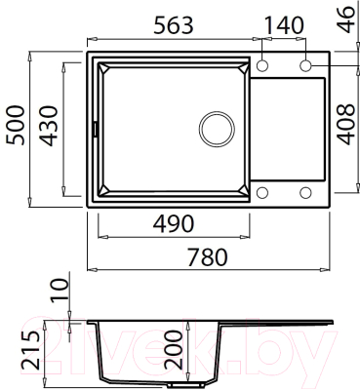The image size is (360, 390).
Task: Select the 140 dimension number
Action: pos(284,23)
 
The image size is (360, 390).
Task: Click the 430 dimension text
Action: pos(51,125)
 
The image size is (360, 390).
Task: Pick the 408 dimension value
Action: pos(344,125)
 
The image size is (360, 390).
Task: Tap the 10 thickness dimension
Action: pos(61,290)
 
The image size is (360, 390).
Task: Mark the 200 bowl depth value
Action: pos(174,346)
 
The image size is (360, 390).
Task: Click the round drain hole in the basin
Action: pos(216,128)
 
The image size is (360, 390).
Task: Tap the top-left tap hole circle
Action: pos(262,64)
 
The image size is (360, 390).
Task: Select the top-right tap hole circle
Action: pos(306,64)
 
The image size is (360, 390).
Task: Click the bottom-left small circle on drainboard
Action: pos(262,191)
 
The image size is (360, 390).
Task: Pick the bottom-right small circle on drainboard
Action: pos(306,191)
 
